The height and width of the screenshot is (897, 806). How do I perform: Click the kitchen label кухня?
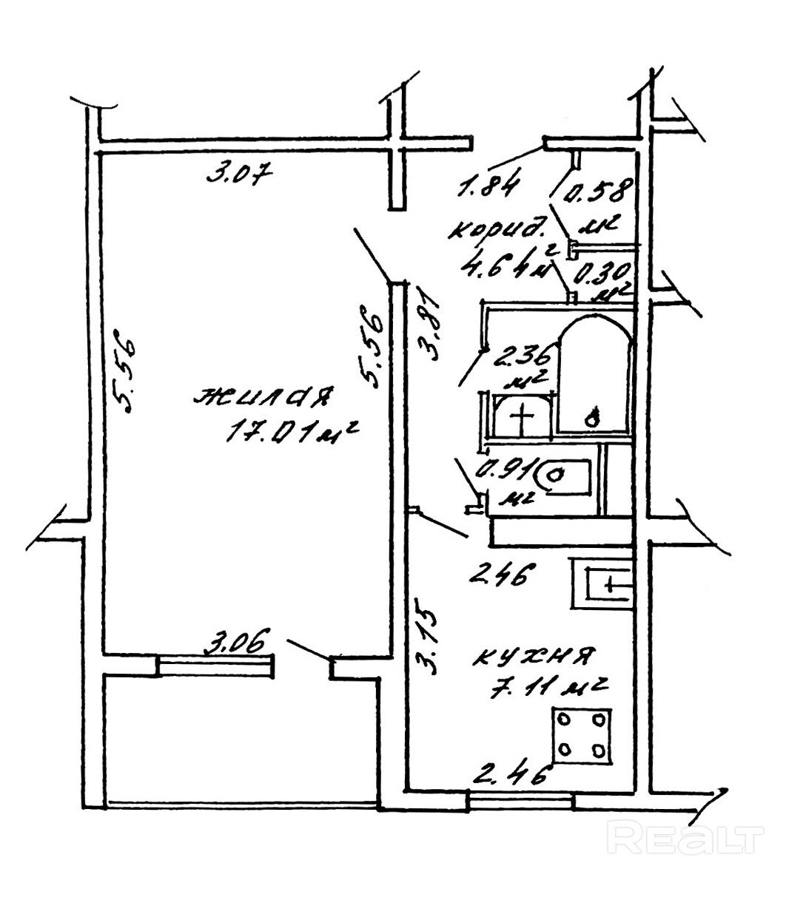pyautogui.click(x=534, y=656)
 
